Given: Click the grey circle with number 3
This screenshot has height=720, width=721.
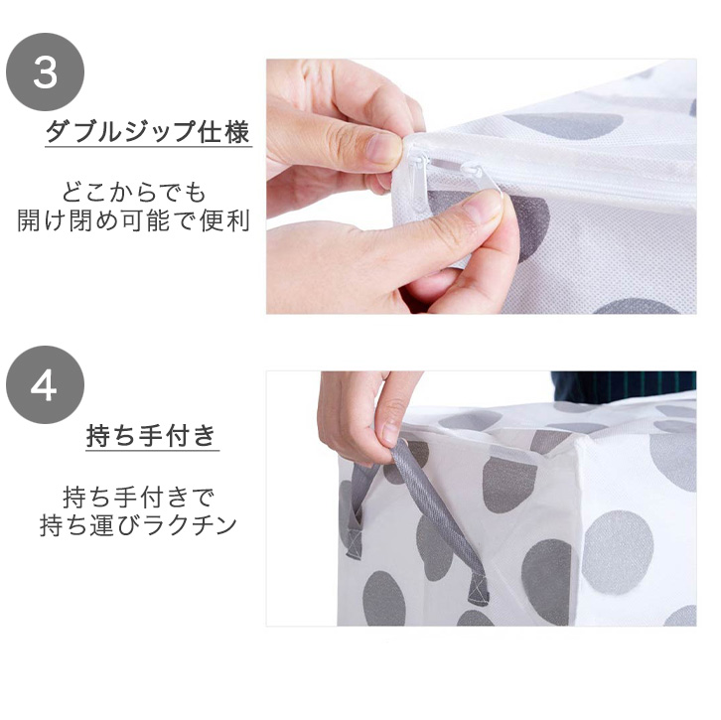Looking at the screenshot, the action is pos(45,72).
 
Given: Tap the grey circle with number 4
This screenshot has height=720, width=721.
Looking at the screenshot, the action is pos(45,385).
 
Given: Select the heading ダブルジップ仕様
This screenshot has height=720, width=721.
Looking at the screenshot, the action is pos(148,131).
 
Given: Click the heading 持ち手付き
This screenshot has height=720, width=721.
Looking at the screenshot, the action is pos(152,435).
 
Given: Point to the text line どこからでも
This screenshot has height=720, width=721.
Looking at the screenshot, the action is pos(134,193).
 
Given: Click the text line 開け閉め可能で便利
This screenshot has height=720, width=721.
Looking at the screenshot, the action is pos(134,220).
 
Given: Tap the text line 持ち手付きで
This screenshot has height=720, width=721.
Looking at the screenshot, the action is pos(139,497).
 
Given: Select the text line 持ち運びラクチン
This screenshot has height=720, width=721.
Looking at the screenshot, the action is pos(138,525).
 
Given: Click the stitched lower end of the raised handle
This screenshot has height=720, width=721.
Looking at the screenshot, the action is pos(479,589).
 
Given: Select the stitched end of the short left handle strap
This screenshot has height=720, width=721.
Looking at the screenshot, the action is pos(354,542).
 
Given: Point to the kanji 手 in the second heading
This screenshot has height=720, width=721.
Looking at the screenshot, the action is pos(151,435).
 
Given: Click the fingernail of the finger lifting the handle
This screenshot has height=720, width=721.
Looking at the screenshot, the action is pos(390,433).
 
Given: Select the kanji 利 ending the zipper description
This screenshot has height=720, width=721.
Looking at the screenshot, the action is pos(238,220).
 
